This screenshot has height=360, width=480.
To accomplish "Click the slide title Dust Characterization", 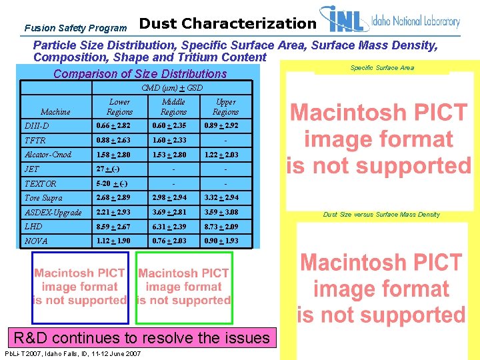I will tap(227, 24).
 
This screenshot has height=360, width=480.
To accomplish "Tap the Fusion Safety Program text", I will tap(75, 28).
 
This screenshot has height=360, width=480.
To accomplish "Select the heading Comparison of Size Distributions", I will tap(140, 73).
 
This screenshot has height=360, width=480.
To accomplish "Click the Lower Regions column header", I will tap(119, 107).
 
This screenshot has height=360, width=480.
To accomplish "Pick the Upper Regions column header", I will tap(225, 107).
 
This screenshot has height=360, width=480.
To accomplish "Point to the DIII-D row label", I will tap(37, 125).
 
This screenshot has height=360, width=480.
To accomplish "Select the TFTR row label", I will tap(35, 140).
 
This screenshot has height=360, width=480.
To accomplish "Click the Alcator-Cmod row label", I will tap(47, 155).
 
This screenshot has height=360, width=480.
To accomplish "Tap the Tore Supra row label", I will tap(43, 198).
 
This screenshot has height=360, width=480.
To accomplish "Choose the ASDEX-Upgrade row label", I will tap(53, 212).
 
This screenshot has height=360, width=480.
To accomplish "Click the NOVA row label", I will tap(36, 241).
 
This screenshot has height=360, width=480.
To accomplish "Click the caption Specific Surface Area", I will tap(382, 67).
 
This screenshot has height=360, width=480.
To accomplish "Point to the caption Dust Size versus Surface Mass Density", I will tap(381, 215).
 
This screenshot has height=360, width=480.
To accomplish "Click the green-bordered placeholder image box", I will tap(183, 287).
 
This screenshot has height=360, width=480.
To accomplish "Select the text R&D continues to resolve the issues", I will tap(144, 338).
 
